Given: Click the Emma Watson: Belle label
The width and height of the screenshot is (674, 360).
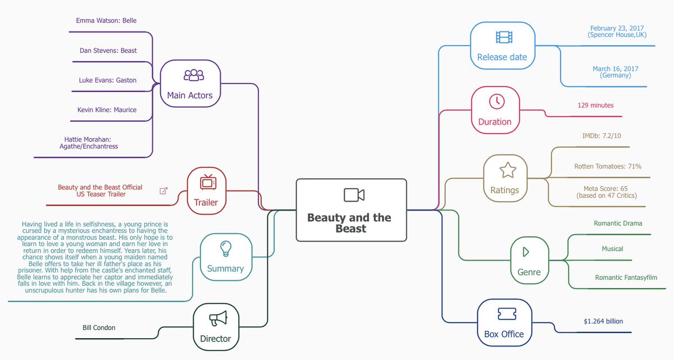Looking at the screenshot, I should [x=106, y=21].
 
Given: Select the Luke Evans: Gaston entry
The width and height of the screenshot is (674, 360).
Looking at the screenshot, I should [x=107, y=80].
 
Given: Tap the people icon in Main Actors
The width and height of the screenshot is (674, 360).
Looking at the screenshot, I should [x=194, y=75].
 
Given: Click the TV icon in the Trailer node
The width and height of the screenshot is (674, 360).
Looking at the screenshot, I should [x=207, y=182].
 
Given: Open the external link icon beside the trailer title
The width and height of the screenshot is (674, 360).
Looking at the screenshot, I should [x=163, y=191].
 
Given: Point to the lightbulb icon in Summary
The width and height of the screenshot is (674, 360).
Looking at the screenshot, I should [x=226, y=248].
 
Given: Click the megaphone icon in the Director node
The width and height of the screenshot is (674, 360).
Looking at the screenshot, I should [x=218, y=318].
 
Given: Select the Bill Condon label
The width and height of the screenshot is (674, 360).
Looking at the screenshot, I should [x=99, y=327].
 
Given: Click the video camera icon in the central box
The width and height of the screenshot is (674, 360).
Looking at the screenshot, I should [x=354, y=195].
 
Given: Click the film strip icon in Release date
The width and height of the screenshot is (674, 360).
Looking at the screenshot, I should [x=504, y=37].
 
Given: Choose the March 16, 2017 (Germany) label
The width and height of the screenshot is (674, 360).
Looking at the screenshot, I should [x=615, y=72].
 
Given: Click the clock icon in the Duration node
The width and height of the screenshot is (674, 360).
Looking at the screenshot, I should [x=497, y=102].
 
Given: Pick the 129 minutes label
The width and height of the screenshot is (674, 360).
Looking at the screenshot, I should [x=595, y=105].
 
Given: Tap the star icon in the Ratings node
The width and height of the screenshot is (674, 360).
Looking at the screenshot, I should [x=508, y=170].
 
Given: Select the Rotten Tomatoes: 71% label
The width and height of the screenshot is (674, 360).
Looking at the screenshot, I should [x=608, y=166].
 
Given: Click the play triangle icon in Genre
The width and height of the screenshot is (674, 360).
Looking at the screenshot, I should [x=526, y=252].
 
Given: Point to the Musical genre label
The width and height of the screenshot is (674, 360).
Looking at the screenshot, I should [x=612, y=249].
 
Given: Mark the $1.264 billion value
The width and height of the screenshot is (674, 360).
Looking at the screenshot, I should [x=603, y=322].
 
